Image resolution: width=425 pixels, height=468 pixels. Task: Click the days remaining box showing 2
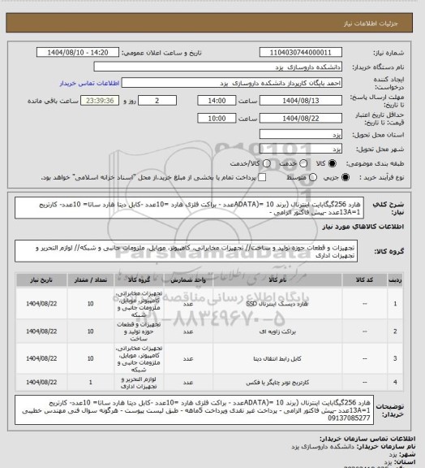[152, 101]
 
